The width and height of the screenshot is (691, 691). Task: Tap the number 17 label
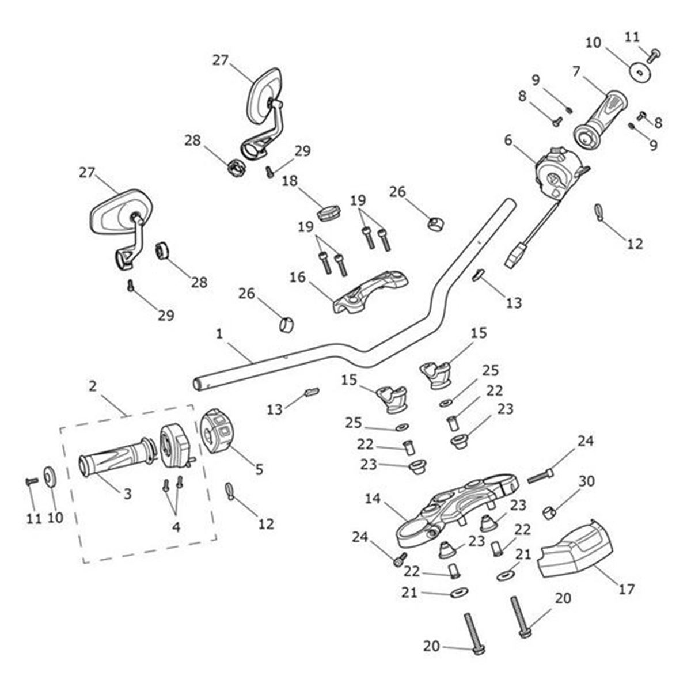click(627, 589)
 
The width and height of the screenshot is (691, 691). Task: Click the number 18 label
click(290, 181)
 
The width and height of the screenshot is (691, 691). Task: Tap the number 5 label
click(259, 469)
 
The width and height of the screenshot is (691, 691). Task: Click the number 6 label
click(508, 140)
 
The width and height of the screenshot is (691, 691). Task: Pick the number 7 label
click(576, 72)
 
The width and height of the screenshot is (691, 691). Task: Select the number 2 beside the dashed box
click(93, 386)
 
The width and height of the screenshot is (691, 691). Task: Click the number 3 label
click(127, 493)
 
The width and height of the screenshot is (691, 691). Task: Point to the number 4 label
click(176, 526)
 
